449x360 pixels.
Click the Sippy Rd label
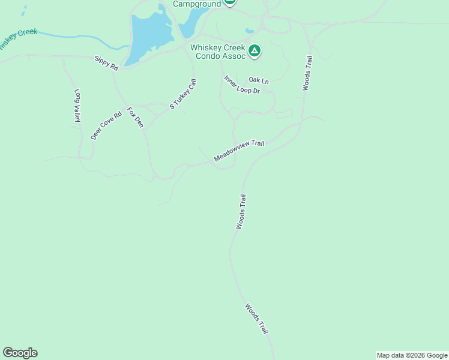[x=106, y=64]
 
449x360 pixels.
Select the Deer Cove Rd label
[x=106, y=125]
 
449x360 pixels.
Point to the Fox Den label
[x=135, y=118]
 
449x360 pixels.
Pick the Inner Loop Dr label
[x=241, y=85]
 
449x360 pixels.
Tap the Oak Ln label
[x=259, y=80]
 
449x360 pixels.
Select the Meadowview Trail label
[x=239, y=151]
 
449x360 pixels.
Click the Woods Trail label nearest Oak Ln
[x=307, y=73]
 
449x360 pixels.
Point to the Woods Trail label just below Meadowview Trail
[x=241, y=212]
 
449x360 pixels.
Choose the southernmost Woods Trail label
[x=256, y=319]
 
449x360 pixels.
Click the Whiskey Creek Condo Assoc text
[x=218, y=52]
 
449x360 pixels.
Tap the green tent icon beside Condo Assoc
[x=255, y=52]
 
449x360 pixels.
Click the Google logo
[x=20, y=353]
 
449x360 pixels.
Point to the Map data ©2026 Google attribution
[x=412, y=355]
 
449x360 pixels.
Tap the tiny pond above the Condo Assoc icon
[x=250, y=31]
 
